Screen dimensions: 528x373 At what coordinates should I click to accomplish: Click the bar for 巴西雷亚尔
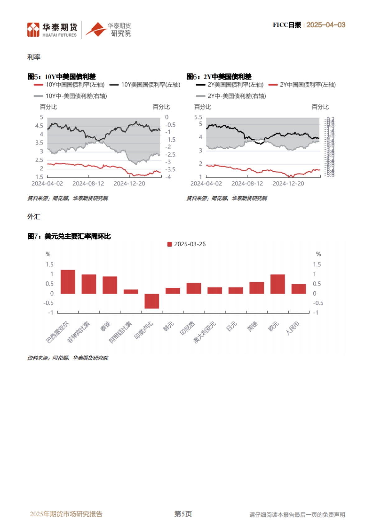(68, 282)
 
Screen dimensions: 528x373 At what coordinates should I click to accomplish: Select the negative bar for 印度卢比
(152, 301)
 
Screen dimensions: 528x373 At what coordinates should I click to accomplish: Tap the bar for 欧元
(278, 284)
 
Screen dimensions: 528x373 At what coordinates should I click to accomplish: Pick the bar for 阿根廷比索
(131, 292)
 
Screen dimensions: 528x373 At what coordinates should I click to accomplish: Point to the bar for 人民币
(299, 289)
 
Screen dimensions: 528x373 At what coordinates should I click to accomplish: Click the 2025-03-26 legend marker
(170, 244)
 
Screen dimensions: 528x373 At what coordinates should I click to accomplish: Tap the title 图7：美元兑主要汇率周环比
(69, 236)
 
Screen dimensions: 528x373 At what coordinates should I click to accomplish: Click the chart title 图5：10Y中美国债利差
(62, 76)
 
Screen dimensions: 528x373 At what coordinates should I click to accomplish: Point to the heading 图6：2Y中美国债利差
(219, 76)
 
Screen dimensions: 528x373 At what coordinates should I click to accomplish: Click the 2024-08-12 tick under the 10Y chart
(88, 184)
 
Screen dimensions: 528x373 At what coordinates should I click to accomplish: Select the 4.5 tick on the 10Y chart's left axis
(39, 126)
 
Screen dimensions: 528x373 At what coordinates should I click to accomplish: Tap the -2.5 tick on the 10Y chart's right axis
(170, 155)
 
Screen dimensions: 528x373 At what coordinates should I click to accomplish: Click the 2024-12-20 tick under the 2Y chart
(288, 184)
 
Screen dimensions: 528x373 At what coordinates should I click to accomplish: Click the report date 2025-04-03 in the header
(326, 25)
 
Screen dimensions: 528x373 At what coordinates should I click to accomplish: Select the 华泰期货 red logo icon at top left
(33, 30)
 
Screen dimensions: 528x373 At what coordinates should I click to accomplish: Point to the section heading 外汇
(34, 217)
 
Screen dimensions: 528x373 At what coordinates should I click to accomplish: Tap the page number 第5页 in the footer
(183, 514)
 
